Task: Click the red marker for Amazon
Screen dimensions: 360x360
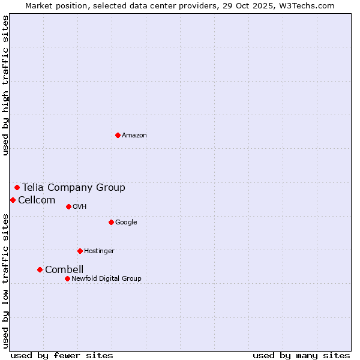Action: click(x=118, y=135)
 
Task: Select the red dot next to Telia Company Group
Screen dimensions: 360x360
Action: click(x=17, y=187)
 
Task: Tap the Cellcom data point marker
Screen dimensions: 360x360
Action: click(x=13, y=200)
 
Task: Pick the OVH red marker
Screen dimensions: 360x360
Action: click(x=68, y=206)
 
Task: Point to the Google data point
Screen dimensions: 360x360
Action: click(x=111, y=222)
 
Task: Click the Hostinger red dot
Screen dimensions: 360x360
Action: click(x=80, y=251)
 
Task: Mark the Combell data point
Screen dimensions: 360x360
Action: click(x=40, y=269)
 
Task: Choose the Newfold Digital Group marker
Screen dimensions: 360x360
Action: click(x=67, y=278)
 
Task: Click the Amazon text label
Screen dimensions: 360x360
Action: click(x=134, y=136)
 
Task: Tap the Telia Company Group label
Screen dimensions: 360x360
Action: click(x=74, y=188)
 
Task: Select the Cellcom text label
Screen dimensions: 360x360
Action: click(x=37, y=200)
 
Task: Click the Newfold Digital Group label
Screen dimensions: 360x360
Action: click(x=106, y=278)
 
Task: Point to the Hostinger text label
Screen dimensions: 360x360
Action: click(x=99, y=251)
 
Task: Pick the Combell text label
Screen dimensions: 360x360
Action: click(x=64, y=270)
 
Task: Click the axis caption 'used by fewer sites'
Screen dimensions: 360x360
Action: click(x=62, y=355)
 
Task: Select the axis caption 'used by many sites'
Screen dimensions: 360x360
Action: click(x=301, y=355)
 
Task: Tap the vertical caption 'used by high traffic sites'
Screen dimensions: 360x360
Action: click(x=5, y=85)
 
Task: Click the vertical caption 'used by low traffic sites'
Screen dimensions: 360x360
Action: click(x=5, y=281)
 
